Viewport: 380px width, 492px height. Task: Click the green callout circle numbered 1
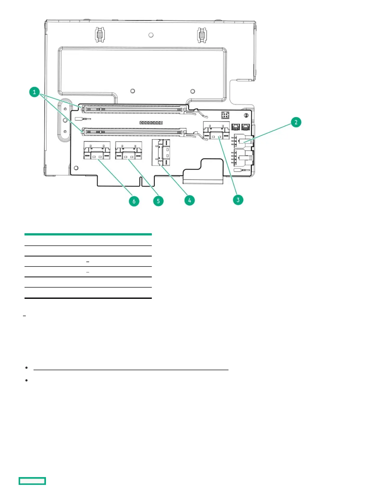pos(34,92)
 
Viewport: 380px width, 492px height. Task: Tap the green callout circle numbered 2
pos(296,122)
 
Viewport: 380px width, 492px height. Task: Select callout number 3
pos(238,200)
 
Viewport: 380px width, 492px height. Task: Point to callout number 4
pos(189,200)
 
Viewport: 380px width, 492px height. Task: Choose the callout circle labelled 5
pos(158,201)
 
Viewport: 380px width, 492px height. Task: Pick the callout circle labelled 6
pos(134,201)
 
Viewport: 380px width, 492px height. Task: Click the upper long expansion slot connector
pos(134,109)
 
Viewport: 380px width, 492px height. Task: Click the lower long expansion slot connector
pos(134,132)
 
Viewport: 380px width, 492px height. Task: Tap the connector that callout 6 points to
pos(97,151)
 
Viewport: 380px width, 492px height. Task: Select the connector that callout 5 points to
pos(129,151)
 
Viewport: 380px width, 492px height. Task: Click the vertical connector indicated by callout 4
pos(161,153)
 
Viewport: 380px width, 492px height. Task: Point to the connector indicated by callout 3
pos(216,131)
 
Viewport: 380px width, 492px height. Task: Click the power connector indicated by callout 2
pos(244,141)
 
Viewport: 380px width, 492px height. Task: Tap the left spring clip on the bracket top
pos(99,35)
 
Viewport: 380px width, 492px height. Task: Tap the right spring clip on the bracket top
pos(202,35)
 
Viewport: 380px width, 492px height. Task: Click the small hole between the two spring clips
pos(151,35)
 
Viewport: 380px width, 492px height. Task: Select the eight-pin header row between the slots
pos(151,123)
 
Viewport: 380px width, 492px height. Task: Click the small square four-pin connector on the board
pos(225,115)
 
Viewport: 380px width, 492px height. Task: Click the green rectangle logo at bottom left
pos(32,481)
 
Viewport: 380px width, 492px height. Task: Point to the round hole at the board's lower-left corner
pos(76,168)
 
